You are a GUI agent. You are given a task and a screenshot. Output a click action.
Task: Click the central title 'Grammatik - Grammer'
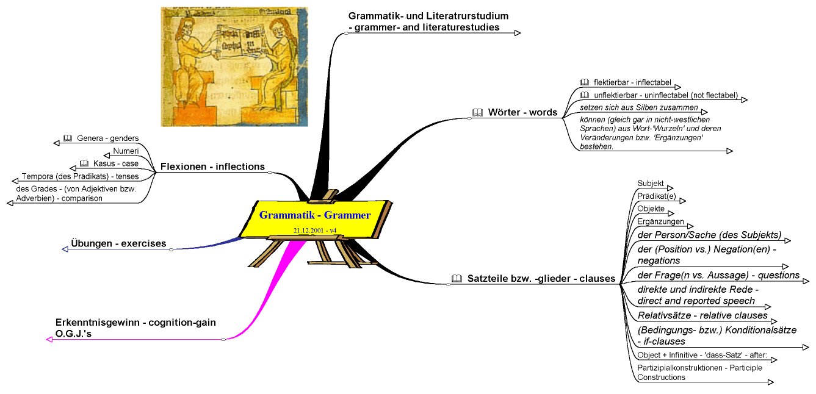pyautogui.click(x=314, y=215)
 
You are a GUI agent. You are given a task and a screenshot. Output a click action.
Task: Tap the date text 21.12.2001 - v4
pyautogui.click(x=314, y=231)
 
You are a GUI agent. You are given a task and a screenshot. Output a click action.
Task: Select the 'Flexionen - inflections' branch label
pyautogui.click(x=212, y=167)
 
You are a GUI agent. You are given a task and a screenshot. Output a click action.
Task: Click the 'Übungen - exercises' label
pyautogui.click(x=118, y=243)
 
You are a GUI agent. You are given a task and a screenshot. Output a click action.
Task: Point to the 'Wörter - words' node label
pyautogui.click(x=522, y=112)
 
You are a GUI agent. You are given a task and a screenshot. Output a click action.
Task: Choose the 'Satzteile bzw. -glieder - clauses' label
pyautogui.click(x=541, y=279)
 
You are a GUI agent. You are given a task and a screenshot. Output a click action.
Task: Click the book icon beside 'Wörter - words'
pyautogui.click(x=477, y=112)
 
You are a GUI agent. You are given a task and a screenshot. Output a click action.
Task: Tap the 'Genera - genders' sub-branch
pyautogui.click(x=104, y=138)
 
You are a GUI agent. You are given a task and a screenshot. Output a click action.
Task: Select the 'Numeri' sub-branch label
pyautogui.click(x=126, y=151)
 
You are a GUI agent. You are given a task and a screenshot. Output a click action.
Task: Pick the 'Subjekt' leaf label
pyautogui.click(x=651, y=183)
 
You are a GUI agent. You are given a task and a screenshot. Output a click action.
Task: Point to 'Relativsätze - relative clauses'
pyautogui.click(x=702, y=315)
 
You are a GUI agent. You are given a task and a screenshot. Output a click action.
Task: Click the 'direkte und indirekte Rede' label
pyautogui.click(x=696, y=289)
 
